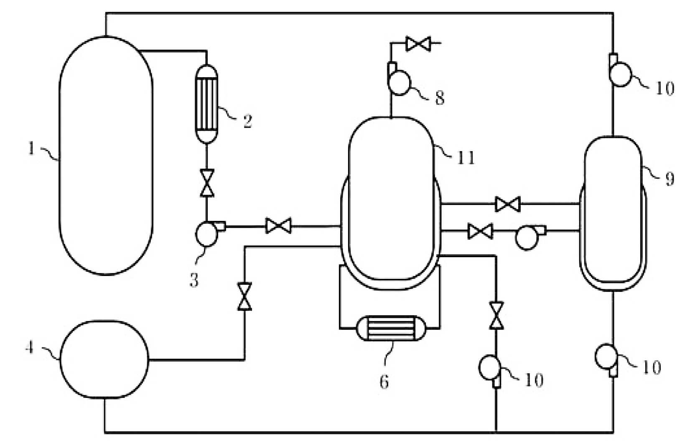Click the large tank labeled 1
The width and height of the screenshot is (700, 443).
pos(106,155)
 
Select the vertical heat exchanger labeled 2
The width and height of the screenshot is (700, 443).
pos(206,104)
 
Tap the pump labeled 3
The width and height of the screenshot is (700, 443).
pos(209,233)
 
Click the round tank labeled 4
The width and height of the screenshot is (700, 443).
pos(104,359)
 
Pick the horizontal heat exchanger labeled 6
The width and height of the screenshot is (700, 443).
pos(391,328)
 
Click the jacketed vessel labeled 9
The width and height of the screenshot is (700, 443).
pos(613,213)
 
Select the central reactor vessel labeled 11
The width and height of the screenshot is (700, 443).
pos(391,203)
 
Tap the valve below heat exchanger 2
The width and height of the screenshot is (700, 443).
pos(206,183)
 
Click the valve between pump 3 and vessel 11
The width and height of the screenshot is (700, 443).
pos(278,225)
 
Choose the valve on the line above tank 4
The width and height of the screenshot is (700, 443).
pos(244,296)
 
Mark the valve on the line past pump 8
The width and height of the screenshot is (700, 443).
pos(418,44)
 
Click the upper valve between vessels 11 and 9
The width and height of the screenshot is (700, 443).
pos(508,204)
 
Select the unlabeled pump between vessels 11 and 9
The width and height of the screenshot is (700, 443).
pos(529,237)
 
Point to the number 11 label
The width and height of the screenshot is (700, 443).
pos(466,158)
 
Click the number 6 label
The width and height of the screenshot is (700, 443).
pos(384,382)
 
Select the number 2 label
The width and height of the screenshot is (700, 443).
pos(247,121)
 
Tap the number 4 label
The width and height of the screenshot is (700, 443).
pos(30,347)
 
